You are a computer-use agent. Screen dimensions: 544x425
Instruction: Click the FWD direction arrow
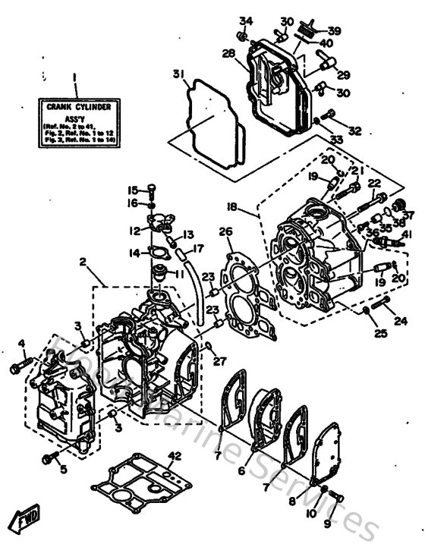tap(22, 520)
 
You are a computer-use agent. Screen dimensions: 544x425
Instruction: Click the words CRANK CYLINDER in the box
tap(75, 107)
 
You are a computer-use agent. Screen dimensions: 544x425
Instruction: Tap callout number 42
tap(176, 455)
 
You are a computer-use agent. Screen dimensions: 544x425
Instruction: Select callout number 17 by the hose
tap(198, 248)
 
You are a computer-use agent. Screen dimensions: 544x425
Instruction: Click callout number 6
tap(241, 471)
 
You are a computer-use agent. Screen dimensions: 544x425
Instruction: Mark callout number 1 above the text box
tap(74, 77)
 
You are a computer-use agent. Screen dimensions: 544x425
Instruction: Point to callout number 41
tap(408, 234)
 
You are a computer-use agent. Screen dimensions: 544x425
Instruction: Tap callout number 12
tap(134, 230)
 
